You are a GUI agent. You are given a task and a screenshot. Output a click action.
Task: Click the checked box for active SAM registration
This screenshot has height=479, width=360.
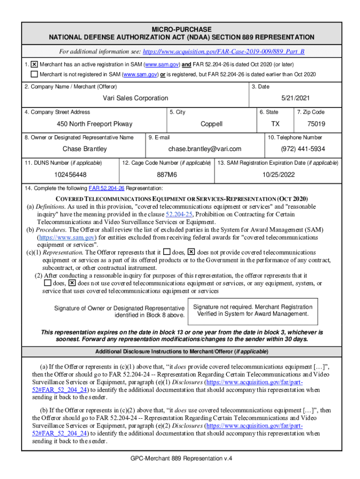(x=34, y=64)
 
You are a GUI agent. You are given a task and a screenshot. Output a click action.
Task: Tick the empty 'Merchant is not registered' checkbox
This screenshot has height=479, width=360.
(x=34, y=74)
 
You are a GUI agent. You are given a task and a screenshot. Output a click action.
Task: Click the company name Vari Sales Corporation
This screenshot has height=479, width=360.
(x=136, y=98)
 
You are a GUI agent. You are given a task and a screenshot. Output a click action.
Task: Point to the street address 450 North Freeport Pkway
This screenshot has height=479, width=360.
(x=94, y=124)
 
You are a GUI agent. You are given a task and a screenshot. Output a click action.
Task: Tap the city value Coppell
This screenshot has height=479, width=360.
(x=211, y=124)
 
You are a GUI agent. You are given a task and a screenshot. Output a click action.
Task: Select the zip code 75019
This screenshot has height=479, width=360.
(x=317, y=124)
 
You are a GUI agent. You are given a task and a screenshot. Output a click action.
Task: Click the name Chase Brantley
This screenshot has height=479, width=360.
(x=85, y=149)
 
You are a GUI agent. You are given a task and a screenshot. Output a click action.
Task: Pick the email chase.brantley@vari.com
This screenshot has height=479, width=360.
(x=205, y=149)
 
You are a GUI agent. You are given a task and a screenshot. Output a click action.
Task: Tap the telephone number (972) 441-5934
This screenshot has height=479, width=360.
(x=302, y=149)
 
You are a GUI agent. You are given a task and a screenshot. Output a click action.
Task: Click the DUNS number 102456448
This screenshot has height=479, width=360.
(x=70, y=174)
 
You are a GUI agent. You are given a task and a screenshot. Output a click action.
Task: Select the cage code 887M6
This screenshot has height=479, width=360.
(x=167, y=174)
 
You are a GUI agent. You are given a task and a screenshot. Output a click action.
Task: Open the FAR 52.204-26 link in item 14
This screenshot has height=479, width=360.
(x=106, y=188)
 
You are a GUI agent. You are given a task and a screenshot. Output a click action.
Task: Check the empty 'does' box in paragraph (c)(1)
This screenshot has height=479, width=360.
(x=167, y=252)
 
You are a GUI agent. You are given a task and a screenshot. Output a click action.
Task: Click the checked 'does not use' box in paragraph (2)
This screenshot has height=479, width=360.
(x=72, y=283)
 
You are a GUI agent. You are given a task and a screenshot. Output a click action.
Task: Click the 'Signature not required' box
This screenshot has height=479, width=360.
(x=252, y=310)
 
